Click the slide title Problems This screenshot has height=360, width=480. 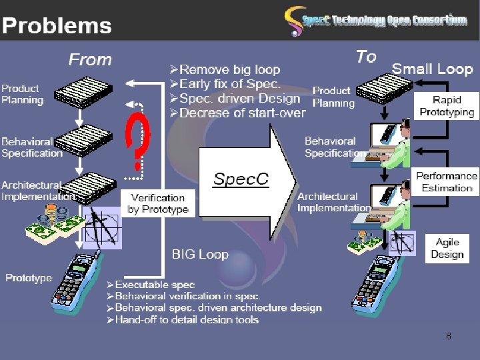click(57, 25)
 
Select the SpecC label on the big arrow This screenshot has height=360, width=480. click(241, 179)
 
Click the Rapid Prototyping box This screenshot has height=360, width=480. click(447, 106)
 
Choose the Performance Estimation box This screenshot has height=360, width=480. click(447, 181)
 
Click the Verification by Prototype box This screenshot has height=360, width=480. click(158, 203)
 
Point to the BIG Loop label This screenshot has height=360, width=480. click(200, 254)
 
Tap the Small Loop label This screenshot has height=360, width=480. click(432, 69)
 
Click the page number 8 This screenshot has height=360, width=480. click(449, 336)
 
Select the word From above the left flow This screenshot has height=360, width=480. click(90, 59)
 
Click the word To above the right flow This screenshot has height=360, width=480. click(366, 57)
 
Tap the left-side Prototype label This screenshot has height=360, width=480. click(29, 277)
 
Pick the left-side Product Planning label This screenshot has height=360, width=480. click(23, 94)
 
